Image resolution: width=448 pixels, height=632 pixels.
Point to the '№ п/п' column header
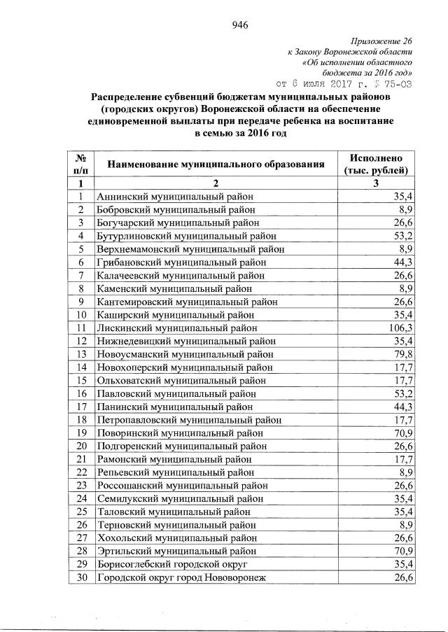81,164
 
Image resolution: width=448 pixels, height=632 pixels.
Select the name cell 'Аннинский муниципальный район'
176,197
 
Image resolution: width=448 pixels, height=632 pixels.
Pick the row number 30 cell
81,577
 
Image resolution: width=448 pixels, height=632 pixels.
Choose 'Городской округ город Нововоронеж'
181,577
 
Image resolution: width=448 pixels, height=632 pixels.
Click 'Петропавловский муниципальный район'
189,420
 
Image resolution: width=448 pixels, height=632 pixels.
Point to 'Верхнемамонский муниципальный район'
190,249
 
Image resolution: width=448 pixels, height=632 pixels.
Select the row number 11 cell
81,328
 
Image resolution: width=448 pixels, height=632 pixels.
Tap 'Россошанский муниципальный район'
182,485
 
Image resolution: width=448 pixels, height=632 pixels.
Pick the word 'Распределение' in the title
127,97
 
